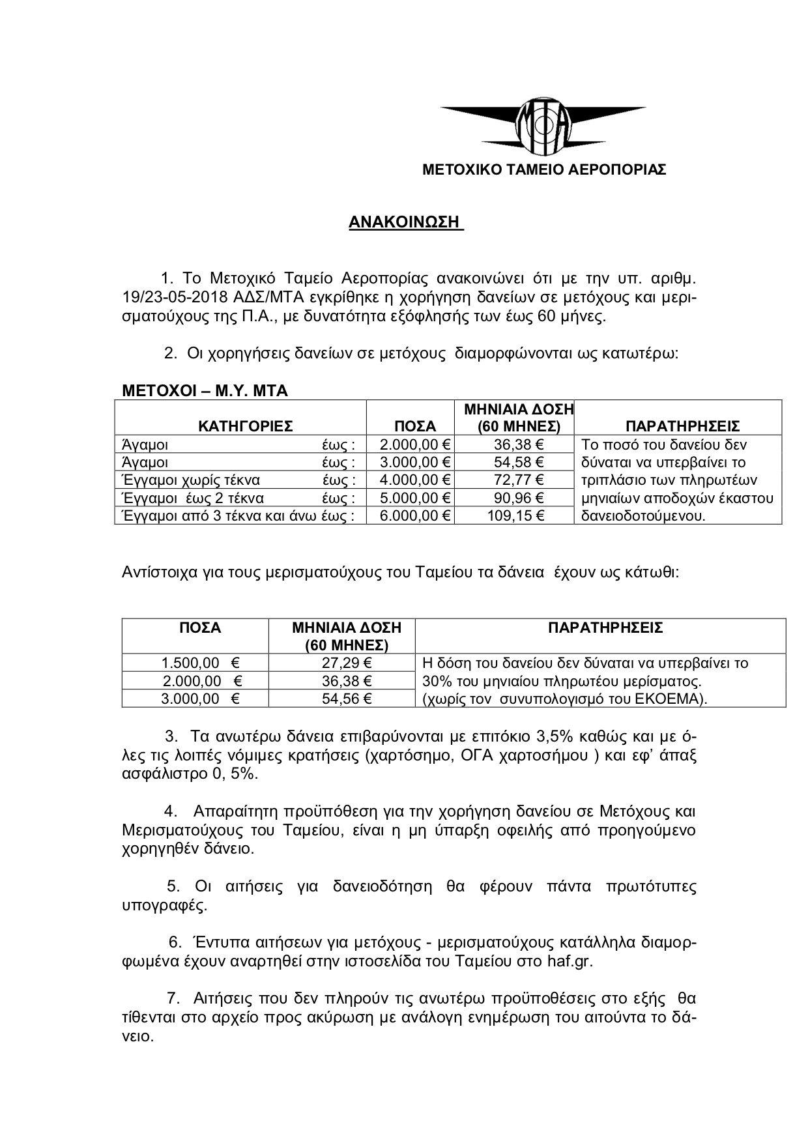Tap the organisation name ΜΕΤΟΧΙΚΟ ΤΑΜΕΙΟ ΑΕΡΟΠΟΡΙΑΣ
[x=544, y=170]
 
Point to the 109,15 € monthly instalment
[x=516, y=516]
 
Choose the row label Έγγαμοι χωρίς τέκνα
[x=190, y=481]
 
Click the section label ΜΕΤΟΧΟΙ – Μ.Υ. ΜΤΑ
[x=205, y=391]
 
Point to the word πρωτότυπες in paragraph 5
[x=651, y=886]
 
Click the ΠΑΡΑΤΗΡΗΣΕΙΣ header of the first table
[x=682, y=427]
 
